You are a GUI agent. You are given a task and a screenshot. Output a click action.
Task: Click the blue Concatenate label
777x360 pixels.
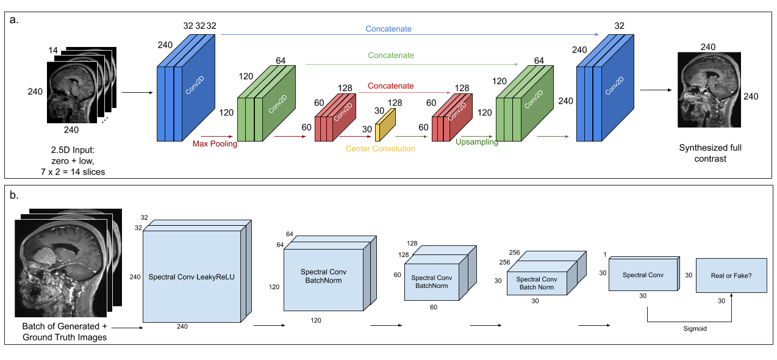(389, 29)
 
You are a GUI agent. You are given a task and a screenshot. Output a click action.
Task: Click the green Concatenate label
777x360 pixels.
(391, 56)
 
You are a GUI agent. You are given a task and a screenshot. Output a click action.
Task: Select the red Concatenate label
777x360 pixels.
(390, 86)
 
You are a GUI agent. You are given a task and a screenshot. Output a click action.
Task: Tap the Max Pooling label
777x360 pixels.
(215, 144)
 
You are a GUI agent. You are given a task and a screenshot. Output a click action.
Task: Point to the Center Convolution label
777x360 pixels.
(380, 148)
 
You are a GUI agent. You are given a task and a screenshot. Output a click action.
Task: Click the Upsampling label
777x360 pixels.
(477, 142)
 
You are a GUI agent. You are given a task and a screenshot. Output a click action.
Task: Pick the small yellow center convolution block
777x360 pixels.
(385, 124)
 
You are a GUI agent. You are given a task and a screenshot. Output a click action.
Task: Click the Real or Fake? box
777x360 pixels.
(731, 275)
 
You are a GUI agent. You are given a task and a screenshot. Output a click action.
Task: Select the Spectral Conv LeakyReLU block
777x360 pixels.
(192, 276)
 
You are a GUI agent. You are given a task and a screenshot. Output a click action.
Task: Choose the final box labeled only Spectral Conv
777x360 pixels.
(643, 275)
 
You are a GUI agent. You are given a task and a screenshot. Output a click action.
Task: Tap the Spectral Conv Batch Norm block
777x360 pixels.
(537, 283)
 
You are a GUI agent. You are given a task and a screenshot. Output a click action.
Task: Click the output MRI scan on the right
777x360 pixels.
(709, 89)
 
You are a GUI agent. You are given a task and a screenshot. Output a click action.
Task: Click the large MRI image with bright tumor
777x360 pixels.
(61, 268)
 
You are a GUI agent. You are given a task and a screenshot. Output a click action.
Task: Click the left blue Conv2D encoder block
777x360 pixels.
(186, 92)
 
